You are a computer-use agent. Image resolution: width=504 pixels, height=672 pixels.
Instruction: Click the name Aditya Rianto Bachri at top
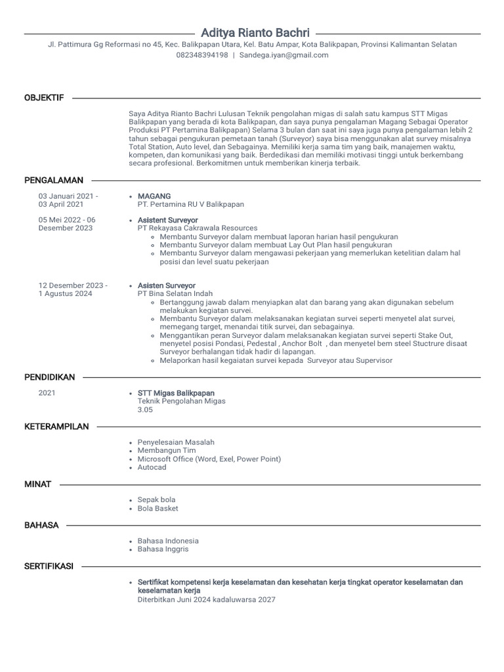255,32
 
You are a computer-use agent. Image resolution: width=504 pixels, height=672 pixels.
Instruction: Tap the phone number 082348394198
202,55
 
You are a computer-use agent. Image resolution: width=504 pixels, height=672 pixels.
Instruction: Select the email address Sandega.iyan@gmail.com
283,55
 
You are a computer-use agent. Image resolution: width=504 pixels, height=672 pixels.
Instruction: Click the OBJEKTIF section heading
44,98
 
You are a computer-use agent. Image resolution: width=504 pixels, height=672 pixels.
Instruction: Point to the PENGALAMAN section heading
54,180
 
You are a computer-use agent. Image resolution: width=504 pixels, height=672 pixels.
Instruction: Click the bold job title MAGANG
154,196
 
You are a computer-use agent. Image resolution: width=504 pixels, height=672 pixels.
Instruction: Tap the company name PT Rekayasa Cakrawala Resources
198,228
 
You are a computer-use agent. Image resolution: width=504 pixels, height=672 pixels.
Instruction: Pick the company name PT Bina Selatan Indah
175,294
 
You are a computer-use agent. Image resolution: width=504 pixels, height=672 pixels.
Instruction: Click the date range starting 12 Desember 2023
73,289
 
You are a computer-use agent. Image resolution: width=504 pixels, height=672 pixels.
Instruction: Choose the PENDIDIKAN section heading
50,377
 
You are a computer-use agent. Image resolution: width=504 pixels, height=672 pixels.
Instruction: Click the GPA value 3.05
145,409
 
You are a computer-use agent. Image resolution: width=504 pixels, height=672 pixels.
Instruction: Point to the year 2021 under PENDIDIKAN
47,393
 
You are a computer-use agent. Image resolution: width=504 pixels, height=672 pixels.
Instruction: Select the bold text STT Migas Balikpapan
176,393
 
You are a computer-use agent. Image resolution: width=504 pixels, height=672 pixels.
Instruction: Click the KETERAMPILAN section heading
56,427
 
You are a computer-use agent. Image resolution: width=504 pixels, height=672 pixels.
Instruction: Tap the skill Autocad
152,467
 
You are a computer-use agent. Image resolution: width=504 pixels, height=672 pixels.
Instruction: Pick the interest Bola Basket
157,509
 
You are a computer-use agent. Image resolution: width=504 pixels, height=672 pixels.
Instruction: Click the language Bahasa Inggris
163,549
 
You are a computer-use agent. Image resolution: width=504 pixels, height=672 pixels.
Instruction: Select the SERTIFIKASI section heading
49,566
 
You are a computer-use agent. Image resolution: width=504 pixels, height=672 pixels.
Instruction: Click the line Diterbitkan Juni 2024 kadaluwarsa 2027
207,599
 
